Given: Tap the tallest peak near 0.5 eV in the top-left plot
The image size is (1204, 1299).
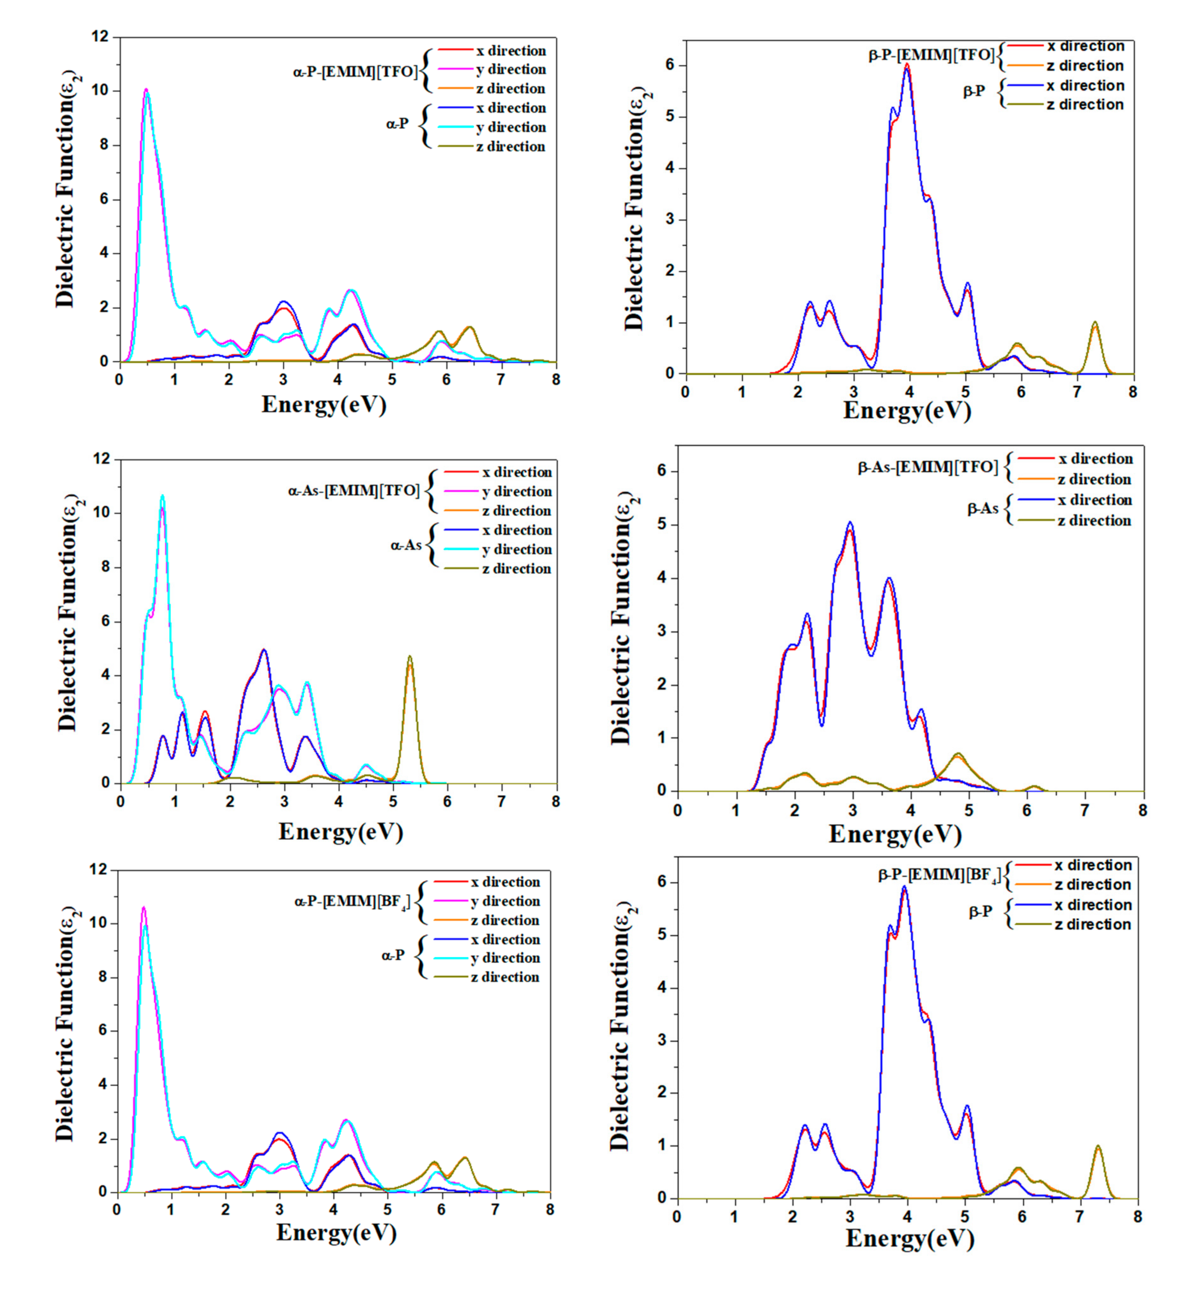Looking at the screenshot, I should [x=146, y=90].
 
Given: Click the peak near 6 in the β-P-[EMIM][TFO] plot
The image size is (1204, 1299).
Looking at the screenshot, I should [x=907, y=64].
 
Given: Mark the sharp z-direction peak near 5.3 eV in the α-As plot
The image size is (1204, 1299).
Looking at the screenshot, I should [x=410, y=657].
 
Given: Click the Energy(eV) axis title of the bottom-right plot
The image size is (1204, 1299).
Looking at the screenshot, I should [x=910, y=1238].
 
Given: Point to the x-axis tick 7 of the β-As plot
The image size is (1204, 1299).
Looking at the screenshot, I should [x=1085, y=810].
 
